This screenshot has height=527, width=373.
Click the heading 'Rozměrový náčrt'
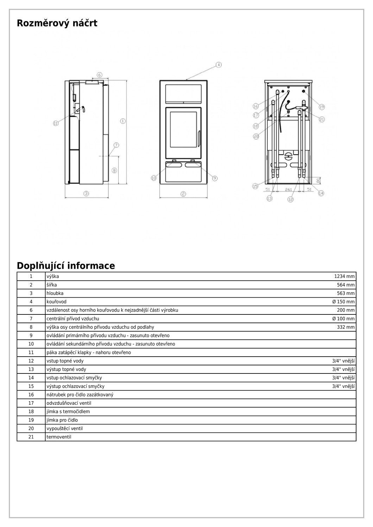[57, 24]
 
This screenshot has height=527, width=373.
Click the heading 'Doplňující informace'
[66, 266]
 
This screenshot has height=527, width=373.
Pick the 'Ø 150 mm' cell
[343, 302]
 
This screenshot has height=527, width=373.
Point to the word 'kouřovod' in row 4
[56, 302]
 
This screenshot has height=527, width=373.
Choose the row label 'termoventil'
[59, 437]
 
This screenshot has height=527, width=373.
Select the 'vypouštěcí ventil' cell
[64, 429]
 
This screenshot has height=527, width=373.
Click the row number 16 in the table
[31, 395]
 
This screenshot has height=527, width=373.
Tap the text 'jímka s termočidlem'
[68, 412]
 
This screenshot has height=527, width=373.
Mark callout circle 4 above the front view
[219, 65]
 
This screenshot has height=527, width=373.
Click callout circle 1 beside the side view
[123, 121]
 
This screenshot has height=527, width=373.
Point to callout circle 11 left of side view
[56, 123]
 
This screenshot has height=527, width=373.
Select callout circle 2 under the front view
[183, 194]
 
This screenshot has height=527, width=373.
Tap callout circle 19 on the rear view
[322, 107]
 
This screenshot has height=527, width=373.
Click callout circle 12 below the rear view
[290, 199]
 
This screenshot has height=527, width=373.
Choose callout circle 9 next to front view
[215, 178]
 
